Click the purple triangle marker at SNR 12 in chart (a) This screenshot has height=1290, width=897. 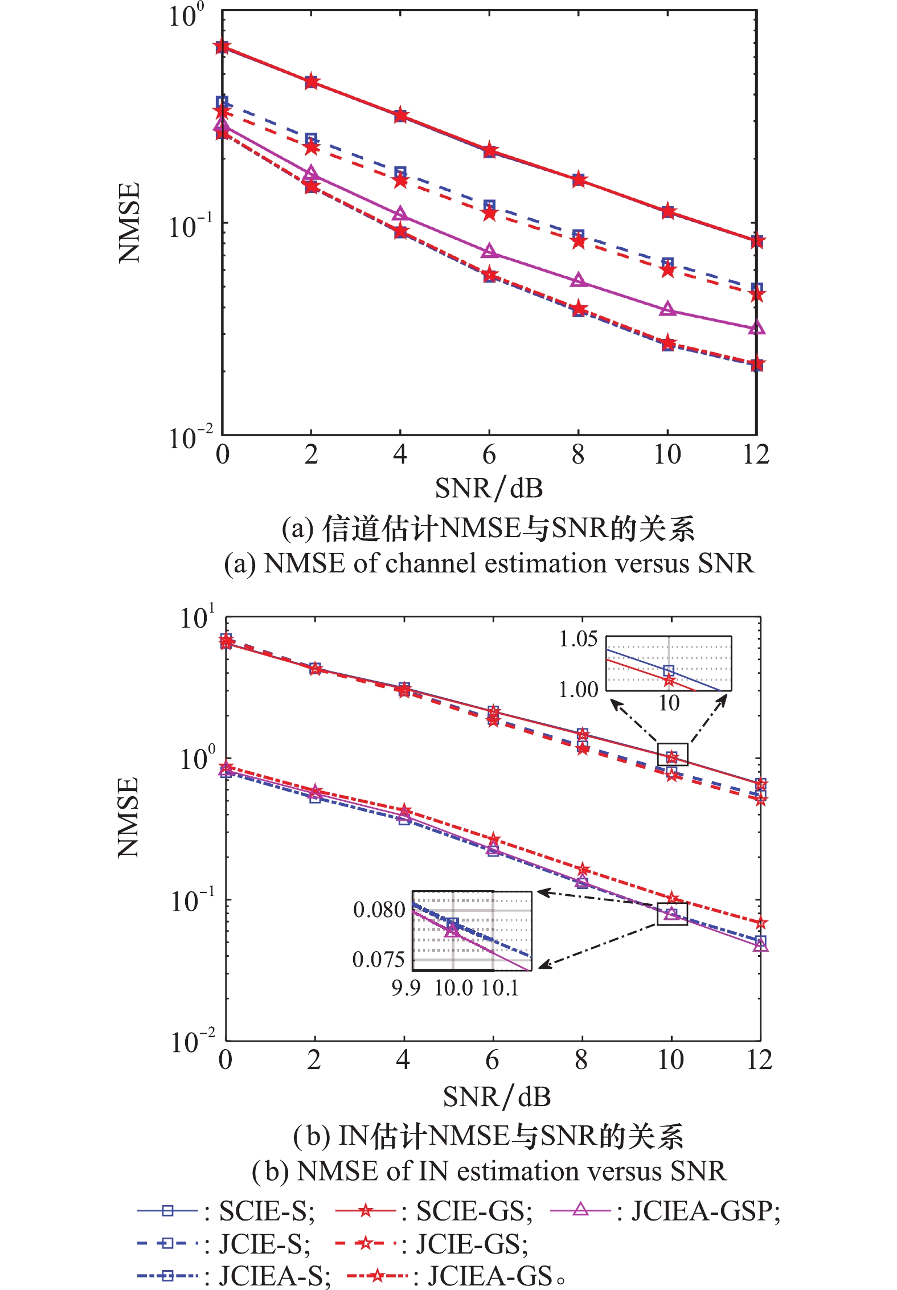756,328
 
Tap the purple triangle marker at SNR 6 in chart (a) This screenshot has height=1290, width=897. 489,251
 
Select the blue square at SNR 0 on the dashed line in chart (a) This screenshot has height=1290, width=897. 222,103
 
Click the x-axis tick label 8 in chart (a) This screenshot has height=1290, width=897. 578,454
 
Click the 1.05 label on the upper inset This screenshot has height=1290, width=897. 578,639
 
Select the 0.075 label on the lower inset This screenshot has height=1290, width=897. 378,960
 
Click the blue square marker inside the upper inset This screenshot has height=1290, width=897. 669,670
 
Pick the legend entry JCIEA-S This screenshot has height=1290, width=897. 275,1276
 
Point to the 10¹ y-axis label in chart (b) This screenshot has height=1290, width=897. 197,617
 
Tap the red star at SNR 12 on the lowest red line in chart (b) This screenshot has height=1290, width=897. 760,923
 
